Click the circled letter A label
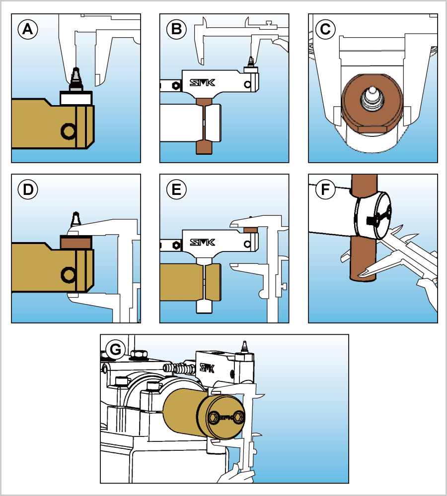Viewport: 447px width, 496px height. (x=28, y=29)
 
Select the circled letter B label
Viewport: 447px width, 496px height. (x=176, y=29)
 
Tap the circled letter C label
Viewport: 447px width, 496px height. (x=325, y=29)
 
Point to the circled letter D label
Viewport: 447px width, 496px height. (x=28, y=189)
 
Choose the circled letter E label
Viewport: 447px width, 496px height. (x=176, y=189)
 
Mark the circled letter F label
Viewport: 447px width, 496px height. (x=325, y=189)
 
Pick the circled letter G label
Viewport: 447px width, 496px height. (x=115, y=350)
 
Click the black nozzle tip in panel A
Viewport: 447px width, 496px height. (x=75, y=77)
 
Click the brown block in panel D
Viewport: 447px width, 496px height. (x=76, y=242)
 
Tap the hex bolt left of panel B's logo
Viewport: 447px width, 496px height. (x=175, y=85)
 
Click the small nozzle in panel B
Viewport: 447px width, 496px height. (x=251, y=62)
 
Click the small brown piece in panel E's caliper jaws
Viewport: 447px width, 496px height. (x=250, y=230)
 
